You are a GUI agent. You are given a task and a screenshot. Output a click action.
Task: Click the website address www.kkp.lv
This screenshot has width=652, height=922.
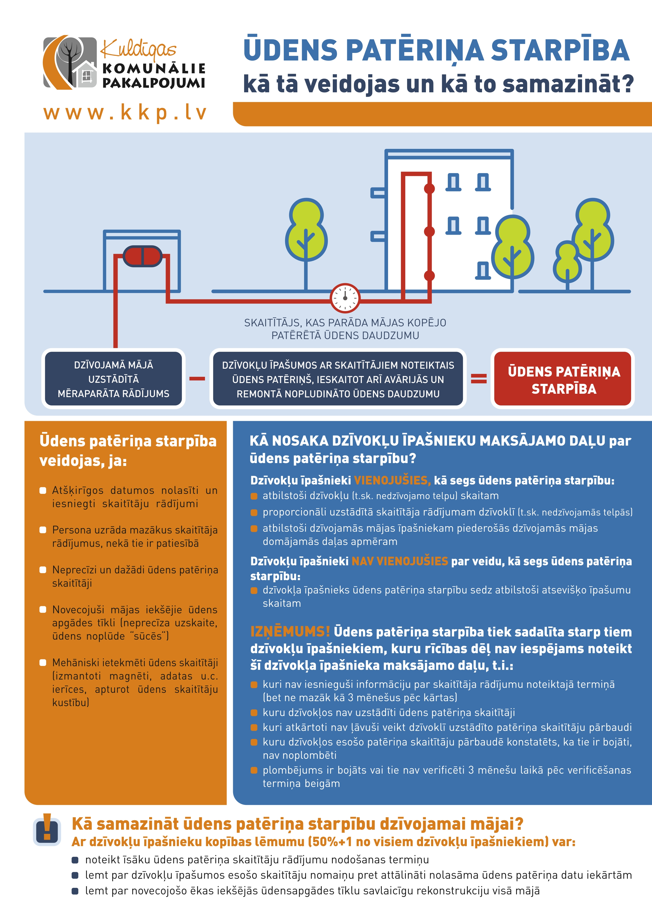(x=125, y=113)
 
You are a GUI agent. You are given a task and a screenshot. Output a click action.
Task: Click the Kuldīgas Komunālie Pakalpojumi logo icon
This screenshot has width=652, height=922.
(x=70, y=63)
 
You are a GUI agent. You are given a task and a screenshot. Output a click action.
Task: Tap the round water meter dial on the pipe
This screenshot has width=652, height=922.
(x=345, y=298)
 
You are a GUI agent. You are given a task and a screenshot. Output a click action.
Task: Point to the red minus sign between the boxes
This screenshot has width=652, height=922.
(x=197, y=379)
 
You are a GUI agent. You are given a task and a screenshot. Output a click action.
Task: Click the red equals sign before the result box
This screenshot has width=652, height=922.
(x=479, y=378)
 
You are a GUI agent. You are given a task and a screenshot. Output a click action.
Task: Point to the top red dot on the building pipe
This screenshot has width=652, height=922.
(x=430, y=188)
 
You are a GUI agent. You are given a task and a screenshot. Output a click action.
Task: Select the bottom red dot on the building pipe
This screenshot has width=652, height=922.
(x=430, y=275)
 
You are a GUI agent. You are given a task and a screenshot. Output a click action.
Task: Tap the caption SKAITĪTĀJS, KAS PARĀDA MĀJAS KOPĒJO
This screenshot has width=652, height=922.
(x=345, y=323)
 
